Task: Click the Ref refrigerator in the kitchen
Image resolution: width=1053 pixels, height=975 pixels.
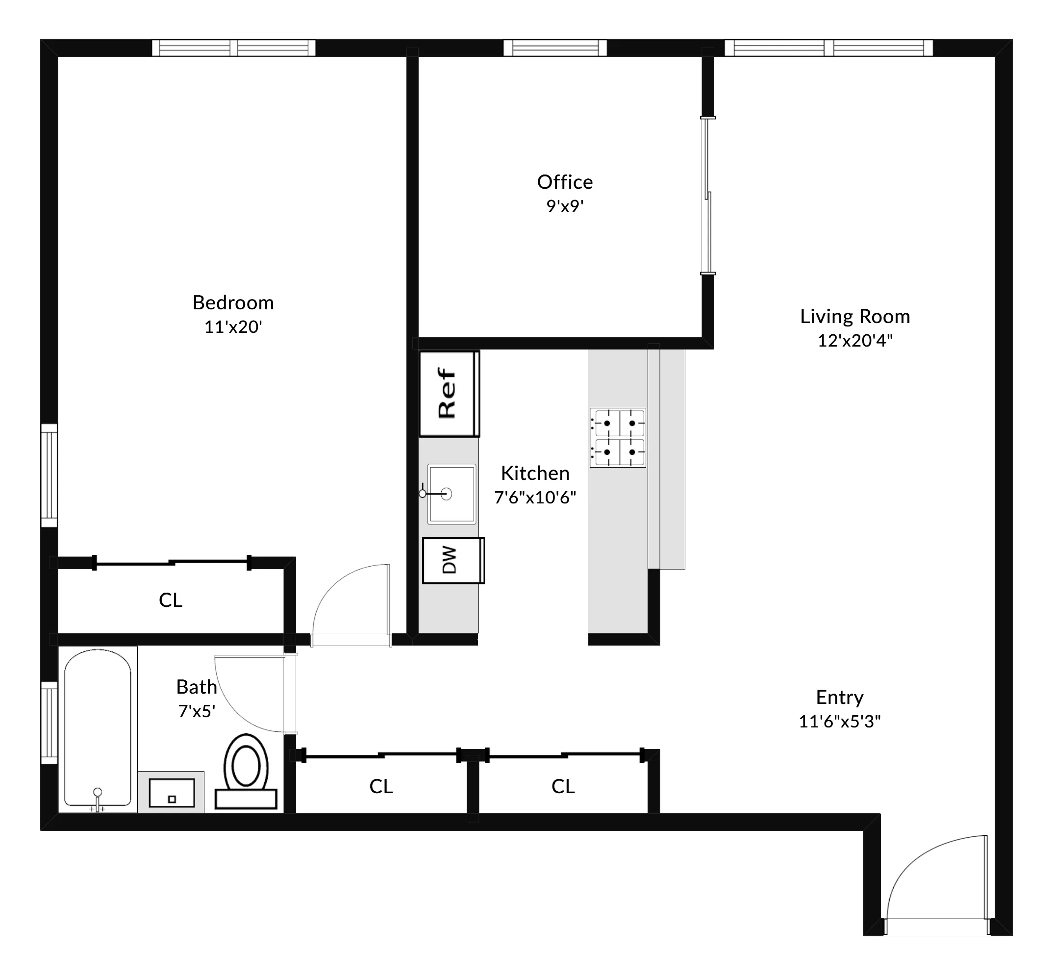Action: (x=449, y=394)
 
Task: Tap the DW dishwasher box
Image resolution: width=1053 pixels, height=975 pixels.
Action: (x=452, y=560)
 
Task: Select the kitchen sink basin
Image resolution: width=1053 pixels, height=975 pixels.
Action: (x=451, y=494)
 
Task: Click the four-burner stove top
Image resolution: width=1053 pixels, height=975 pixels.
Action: (x=617, y=437)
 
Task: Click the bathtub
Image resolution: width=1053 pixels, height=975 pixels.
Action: (x=98, y=727)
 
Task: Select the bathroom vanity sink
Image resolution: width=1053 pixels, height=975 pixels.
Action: (x=172, y=793)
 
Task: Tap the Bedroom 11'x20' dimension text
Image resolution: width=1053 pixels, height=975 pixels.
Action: (x=233, y=327)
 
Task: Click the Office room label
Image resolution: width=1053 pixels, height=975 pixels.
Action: (x=564, y=182)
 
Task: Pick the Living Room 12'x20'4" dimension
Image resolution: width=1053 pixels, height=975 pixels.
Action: (x=854, y=341)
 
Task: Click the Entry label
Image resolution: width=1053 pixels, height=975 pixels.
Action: (x=839, y=697)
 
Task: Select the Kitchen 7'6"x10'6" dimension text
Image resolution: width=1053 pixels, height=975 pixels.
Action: (x=535, y=498)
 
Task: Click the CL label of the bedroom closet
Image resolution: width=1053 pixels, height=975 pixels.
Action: (x=171, y=600)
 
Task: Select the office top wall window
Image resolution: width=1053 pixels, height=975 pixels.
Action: (x=555, y=48)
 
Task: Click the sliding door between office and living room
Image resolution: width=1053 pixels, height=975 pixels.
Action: (x=708, y=195)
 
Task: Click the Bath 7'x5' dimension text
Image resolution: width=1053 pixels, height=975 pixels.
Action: (x=196, y=712)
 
